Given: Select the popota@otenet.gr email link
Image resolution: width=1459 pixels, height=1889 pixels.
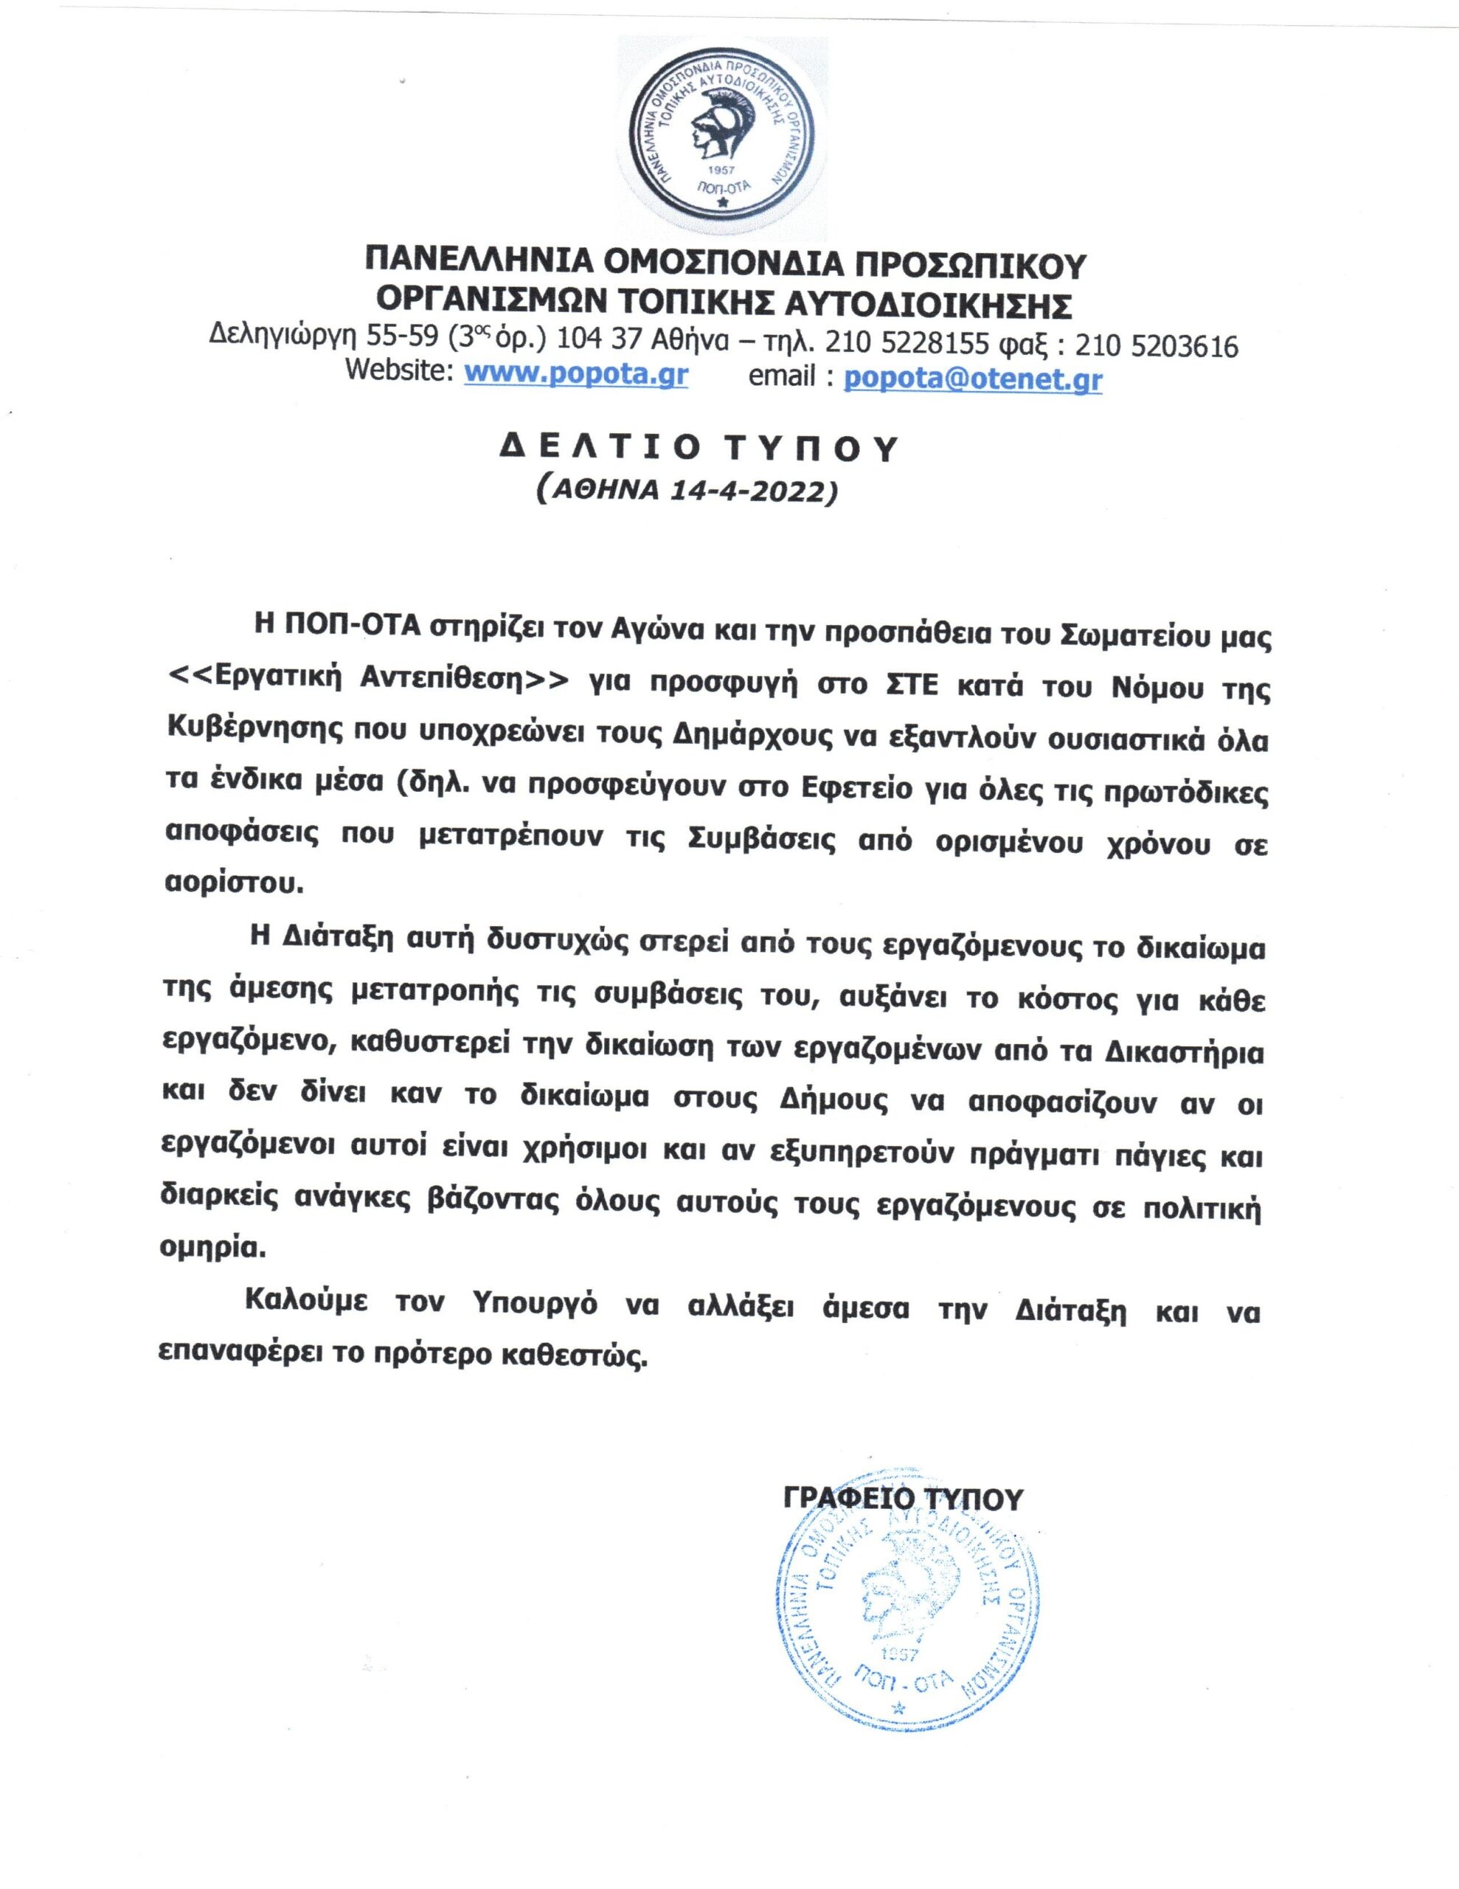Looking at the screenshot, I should click(972, 379).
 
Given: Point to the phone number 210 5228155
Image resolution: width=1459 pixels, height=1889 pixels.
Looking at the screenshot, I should click(907, 346).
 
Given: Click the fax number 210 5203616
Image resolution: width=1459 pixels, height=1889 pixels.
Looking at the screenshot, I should click(1155, 346).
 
